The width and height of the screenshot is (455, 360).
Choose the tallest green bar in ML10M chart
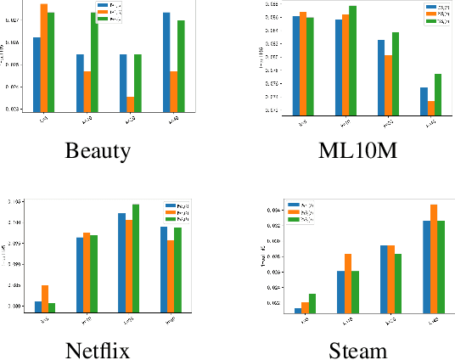point(352,59)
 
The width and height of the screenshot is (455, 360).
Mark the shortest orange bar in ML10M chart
point(431,106)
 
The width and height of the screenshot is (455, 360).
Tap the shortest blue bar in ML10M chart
point(424,99)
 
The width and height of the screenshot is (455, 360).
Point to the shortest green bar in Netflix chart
point(52,307)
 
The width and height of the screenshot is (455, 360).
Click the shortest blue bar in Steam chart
point(298,310)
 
